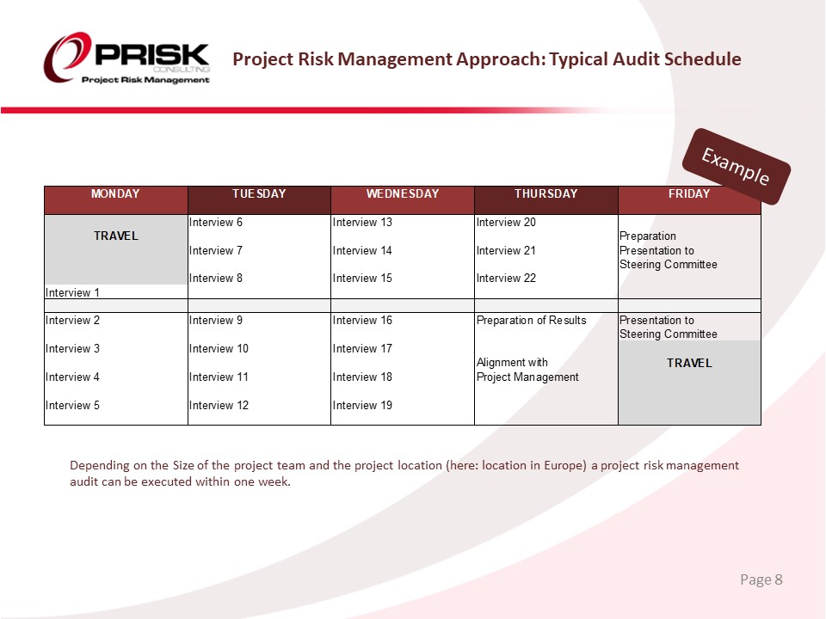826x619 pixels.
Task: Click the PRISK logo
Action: [126, 59]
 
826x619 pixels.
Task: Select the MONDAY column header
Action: [115, 194]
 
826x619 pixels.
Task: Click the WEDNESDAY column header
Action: [403, 194]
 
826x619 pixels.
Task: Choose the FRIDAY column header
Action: [689, 194]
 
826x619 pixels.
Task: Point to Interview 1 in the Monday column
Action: [72, 292]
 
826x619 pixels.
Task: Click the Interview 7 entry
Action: [216, 250]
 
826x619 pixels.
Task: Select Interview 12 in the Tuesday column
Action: [219, 405]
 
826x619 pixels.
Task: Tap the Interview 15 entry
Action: [362, 278]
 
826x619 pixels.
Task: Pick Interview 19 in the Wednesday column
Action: [362, 405]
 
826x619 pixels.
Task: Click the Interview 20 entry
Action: [506, 222]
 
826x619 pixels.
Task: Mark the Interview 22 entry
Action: [506, 278]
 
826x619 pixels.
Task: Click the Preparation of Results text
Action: [531, 321]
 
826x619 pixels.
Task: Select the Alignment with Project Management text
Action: [527, 370]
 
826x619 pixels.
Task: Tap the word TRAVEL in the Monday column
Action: [115, 236]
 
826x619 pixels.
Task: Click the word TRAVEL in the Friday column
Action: [689, 363]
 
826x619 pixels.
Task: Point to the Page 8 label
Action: [761, 579]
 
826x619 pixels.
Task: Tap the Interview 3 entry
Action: [72, 348]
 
